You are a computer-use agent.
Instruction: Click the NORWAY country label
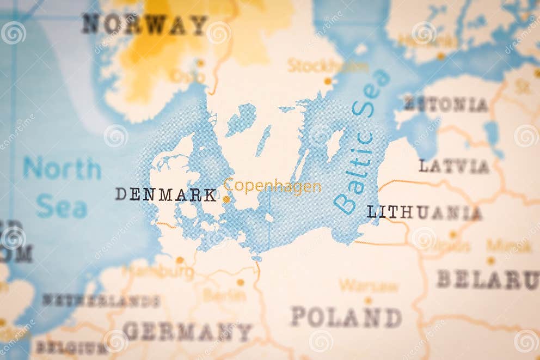point(145,25)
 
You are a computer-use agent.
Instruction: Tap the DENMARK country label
point(166,194)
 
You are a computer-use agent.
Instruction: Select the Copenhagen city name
point(272,186)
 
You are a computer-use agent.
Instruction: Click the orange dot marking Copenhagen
point(226,199)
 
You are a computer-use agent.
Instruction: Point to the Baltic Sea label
point(362,142)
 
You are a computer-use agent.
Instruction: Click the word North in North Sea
point(62,168)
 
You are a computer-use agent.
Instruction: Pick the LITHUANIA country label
point(424,212)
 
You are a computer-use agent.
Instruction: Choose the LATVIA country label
point(454,166)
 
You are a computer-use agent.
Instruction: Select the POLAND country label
point(346,317)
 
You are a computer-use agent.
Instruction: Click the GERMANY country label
point(188,331)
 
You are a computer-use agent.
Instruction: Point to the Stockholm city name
point(327,66)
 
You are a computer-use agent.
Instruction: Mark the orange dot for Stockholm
point(328,81)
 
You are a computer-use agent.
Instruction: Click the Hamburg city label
point(159,271)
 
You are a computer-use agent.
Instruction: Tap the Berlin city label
point(224,295)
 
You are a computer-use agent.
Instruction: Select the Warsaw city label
point(369,285)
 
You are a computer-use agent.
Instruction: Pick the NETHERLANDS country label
point(101,301)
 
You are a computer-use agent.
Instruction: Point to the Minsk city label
point(509,246)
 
